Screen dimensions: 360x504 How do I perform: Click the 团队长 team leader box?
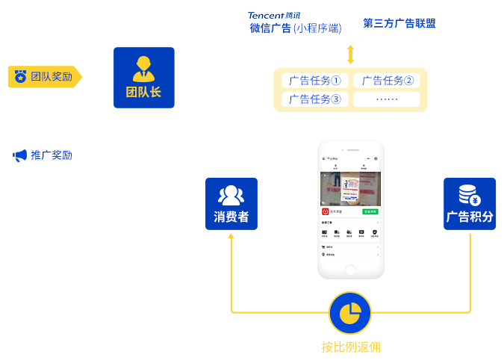(x=144, y=78)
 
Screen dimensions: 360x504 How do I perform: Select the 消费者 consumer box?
(x=231, y=203)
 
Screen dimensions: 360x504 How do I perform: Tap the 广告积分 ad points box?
(x=470, y=203)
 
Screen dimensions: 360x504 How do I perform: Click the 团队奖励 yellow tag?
(x=45, y=76)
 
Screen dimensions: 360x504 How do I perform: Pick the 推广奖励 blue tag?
(x=45, y=155)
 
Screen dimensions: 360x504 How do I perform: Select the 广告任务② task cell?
(x=386, y=80)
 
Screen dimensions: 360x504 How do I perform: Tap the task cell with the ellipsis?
(x=386, y=99)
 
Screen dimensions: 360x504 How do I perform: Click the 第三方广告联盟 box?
(x=399, y=24)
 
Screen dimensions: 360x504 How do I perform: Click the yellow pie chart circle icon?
(x=350, y=313)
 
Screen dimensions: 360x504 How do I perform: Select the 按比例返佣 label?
(x=350, y=347)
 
